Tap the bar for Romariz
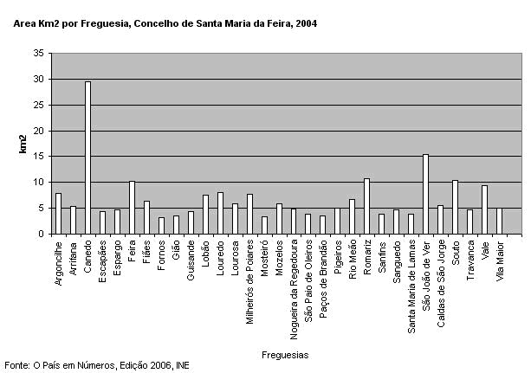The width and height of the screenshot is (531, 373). coord(366,206)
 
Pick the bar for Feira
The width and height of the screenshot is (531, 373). coord(132,208)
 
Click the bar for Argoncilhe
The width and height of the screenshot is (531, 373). coord(58,214)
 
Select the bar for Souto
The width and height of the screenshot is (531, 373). coord(455,207)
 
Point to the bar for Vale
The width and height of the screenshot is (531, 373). coord(484,209)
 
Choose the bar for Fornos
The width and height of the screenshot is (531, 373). coord(161,226)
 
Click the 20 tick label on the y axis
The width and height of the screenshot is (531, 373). coord(39,131)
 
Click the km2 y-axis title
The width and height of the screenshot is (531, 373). coord(23,144)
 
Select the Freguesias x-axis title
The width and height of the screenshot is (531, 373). coord(286,355)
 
